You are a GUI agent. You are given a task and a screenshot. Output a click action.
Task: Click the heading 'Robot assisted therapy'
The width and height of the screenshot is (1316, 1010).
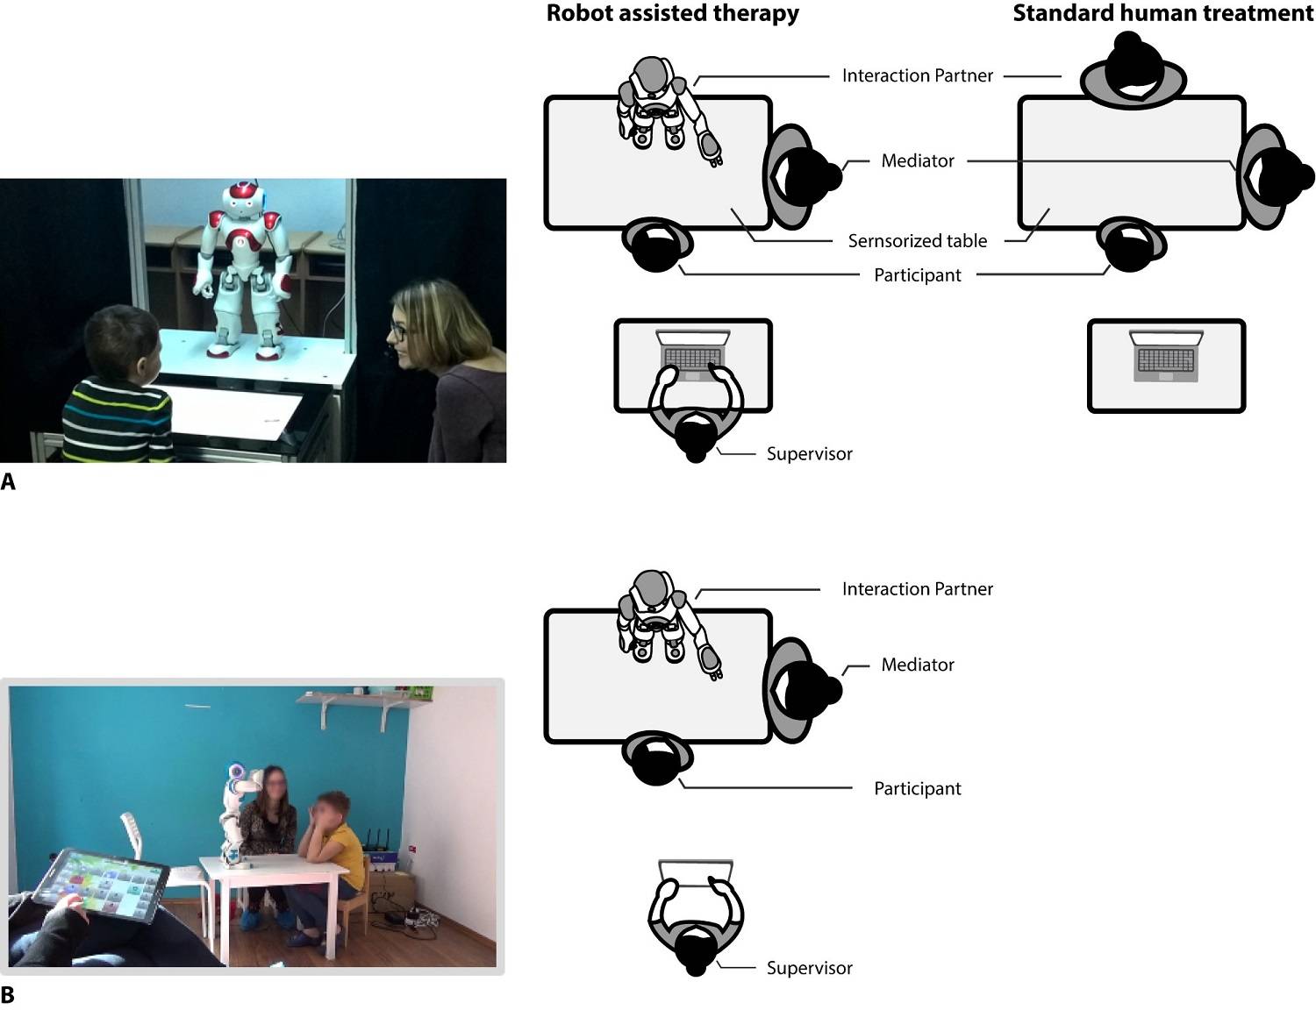[672, 13]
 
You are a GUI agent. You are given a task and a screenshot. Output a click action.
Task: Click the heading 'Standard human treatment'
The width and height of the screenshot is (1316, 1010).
[1162, 13]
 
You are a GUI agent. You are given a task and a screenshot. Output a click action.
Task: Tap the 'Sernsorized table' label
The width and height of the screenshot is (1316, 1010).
[917, 240]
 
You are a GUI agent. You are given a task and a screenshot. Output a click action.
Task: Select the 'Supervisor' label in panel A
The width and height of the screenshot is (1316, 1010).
[809, 453]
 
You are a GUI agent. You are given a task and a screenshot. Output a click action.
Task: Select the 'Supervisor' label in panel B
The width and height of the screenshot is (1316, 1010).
[809, 968]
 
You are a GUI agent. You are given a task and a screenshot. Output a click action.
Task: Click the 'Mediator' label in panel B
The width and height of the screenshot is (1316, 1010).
[917, 665]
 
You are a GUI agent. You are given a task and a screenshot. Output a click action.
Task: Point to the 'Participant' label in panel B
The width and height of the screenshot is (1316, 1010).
[917, 788]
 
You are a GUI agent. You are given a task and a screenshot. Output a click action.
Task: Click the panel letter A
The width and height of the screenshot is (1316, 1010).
[8, 481]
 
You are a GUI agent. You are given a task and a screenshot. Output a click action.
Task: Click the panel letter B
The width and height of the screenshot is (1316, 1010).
[8, 995]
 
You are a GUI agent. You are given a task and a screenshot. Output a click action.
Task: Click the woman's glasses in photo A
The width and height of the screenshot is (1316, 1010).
[397, 331]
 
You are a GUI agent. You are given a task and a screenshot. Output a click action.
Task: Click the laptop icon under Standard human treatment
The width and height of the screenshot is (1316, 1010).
[1166, 356]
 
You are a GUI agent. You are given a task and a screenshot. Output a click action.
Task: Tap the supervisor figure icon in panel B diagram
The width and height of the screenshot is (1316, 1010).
[696, 921]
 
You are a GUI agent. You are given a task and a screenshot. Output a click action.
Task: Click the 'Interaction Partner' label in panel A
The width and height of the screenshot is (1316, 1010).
[917, 75]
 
